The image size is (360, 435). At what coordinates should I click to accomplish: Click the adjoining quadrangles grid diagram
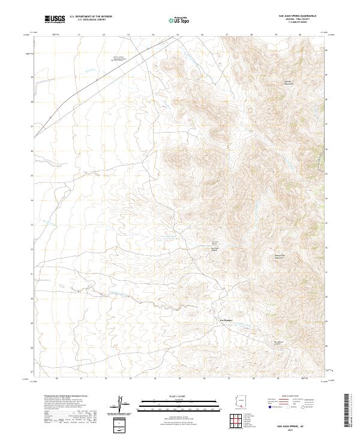[x=239, y=422]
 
